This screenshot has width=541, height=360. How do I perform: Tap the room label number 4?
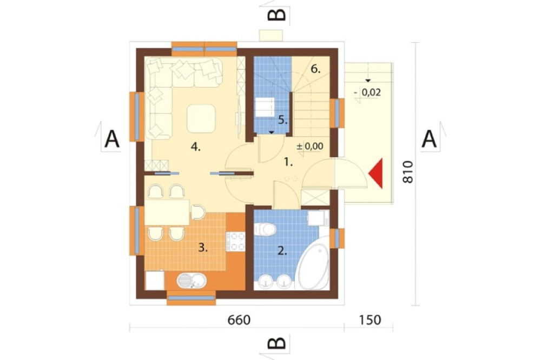pyautogui.click(x=196, y=147)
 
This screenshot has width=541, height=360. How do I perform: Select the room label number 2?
pyautogui.click(x=282, y=251)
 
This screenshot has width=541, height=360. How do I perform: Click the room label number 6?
pyautogui.click(x=316, y=69)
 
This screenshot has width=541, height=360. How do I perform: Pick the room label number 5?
pyautogui.click(x=283, y=120)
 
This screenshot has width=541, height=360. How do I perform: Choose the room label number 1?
pyautogui.click(x=288, y=162)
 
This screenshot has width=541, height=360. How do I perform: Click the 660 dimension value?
pyautogui.click(x=239, y=320)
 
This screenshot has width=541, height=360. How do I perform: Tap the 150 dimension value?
pyautogui.click(x=370, y=320)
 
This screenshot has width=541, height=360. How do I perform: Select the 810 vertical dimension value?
pyautogui.click(x=407, y=172)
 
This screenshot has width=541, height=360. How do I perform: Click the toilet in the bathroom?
pyautogui.click(x=265, y=229)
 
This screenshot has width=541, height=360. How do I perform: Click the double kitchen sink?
pyautogui.click(x=192, y=281)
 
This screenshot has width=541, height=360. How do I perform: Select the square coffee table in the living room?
pyautogui.click(x=201, y=118)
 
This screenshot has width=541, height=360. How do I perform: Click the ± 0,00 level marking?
pyautogui.click(x=310, y=146)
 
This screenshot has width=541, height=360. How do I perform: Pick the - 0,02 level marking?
pyautogui.click(x=367, y=92)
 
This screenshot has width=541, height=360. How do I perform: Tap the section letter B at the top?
pyautogui.click(x=277, y=15)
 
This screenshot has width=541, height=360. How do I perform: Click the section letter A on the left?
pyautogui.click(x=112, y=139)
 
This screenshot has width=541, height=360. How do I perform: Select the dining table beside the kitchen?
pyautogui.click(x=167, y=212)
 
